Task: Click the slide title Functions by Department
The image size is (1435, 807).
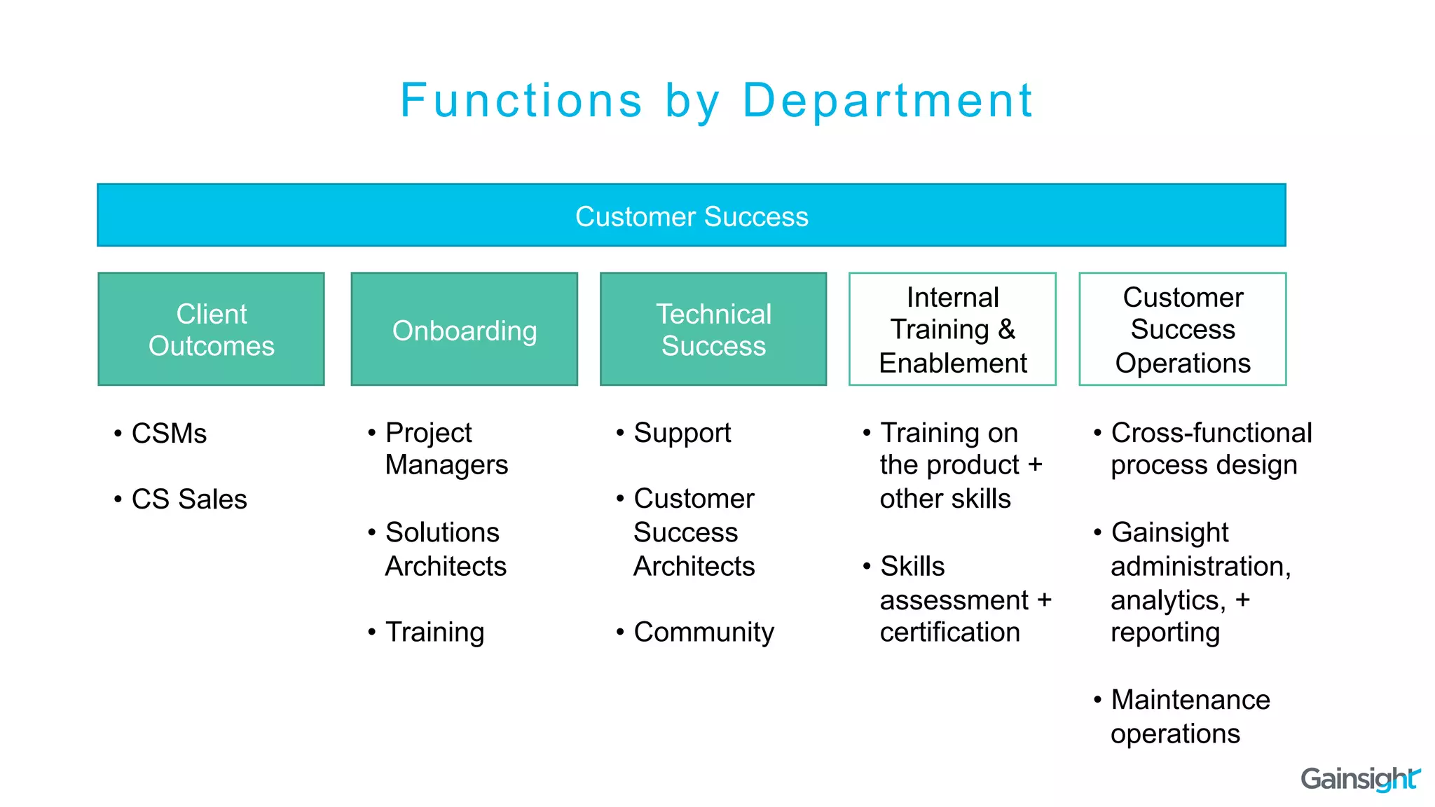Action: tap(716, 100)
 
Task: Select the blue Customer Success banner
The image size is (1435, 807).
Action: tap(691, 216)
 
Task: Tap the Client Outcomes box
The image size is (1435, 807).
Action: tap(211, 329)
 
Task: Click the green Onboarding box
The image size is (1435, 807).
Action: tap(464, 329)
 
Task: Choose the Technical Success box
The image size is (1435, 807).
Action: tap(713, 329)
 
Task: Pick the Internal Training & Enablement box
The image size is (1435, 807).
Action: tap(952, 329)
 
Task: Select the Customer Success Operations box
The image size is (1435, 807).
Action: tap(1182, 329)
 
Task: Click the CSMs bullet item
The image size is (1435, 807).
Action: tap(169, 434)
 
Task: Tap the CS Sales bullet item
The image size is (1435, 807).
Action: tap(188, 499)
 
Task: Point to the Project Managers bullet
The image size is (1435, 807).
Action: tap(446, 448)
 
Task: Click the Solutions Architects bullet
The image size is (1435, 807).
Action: tap(445, 549)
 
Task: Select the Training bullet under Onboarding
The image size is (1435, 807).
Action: tap(434, 632)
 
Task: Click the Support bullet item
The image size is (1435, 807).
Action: tap(682, 433)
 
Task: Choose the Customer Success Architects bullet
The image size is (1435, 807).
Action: tap(694, 532)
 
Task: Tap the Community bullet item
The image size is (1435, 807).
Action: tap(703, 632)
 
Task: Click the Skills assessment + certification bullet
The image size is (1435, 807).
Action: tap(964, 600)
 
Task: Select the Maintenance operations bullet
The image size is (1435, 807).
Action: tap(1189, 716)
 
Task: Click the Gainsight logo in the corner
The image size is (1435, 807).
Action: tap(1359, 778)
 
